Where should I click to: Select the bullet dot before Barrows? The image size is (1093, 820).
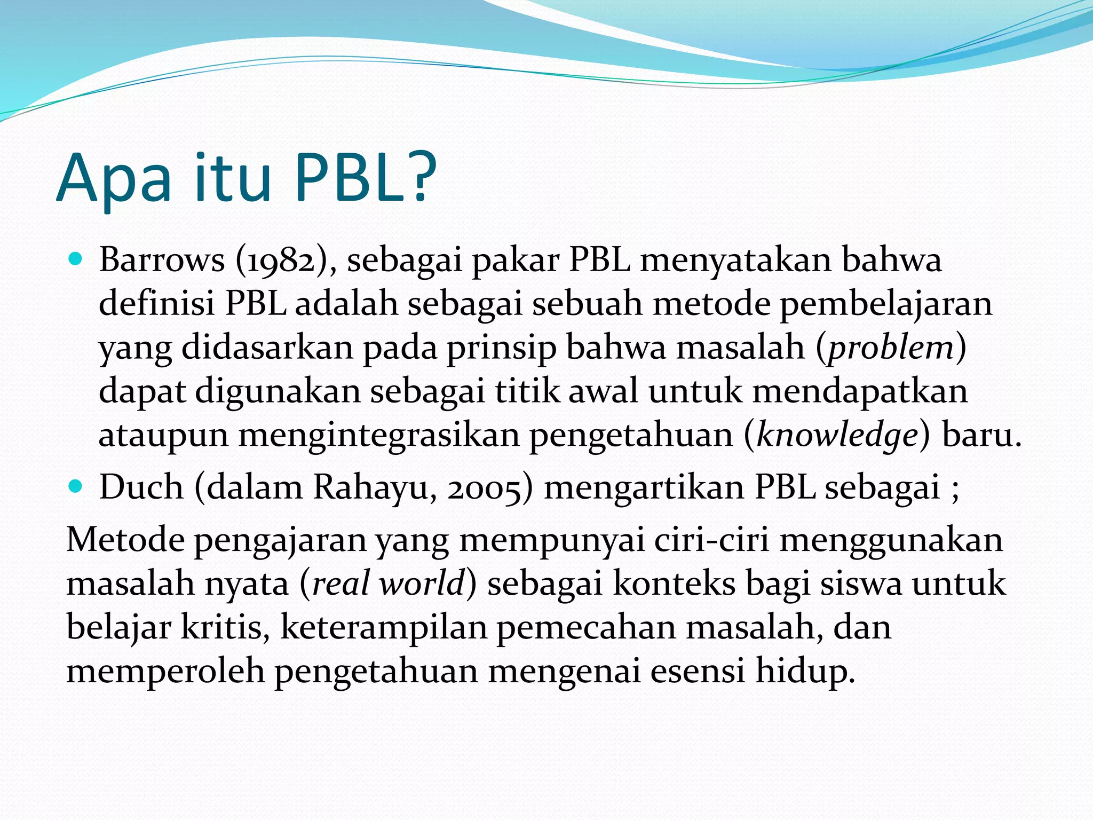[x=76, y=261]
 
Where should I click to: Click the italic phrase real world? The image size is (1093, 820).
[x=388, y=584]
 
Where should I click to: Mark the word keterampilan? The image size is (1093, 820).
[x=383, y=628]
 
